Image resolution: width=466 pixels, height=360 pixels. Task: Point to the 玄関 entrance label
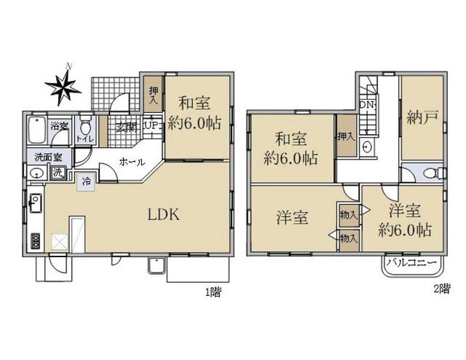point(126,128)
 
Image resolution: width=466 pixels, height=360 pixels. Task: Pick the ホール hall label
point(130,162)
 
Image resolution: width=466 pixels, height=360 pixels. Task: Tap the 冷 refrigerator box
point(87,181)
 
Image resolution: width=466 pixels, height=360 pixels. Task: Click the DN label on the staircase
point(368,105)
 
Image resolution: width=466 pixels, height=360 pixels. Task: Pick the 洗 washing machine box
point(58,173)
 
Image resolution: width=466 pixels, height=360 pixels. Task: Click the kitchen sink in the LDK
point(34,200)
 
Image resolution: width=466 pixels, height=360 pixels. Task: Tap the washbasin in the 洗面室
point(35,173)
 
